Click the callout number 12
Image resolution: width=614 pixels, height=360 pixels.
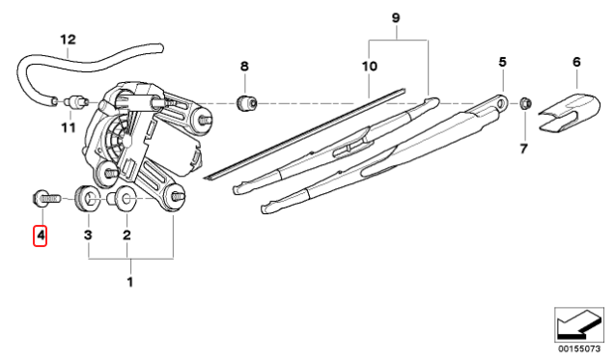point(67,40)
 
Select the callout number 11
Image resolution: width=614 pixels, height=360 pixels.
point(68,127)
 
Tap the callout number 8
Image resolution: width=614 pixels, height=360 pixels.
point(244,66)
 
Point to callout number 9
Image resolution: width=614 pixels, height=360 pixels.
point(395,18)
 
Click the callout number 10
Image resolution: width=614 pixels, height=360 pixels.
point(368,66)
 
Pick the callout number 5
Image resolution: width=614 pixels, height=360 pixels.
point(502,62)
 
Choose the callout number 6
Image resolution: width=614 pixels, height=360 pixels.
point(576,62)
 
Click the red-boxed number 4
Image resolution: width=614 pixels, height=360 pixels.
point(41,235)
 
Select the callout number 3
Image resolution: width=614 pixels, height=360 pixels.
point(87,235)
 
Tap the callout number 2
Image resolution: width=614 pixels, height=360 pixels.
point(126,235)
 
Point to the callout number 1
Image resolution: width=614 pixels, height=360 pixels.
point(130,282)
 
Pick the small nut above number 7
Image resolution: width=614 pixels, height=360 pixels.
point(525,101)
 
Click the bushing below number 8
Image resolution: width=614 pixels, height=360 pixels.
point(247,101)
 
